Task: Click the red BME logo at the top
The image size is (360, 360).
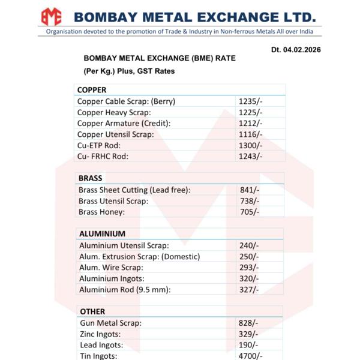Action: click(x=52, y=16)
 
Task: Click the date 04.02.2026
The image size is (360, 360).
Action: click(x=296, y=50)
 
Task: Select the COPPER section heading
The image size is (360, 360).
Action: click(x=92, y=90)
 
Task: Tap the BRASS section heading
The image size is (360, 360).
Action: click(x=91, y=178)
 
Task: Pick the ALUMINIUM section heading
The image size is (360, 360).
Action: click(x=103, y=234)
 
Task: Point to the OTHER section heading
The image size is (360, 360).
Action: click(x=92, y=311)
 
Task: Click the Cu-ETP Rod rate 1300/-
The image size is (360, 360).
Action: click(x=250, y=145)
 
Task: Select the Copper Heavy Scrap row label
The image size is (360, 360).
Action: click(x=114, y=112)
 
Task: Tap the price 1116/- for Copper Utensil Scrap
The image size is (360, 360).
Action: click(x=250, y=134)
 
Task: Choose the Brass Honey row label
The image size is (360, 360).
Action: click(x=102, y=212)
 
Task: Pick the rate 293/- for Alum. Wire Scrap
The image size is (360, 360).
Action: click(x=249, y=268)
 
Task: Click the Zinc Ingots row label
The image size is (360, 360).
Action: click(x=100, y=334)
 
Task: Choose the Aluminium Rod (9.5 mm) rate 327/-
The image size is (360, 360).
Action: click(x=249, y=290)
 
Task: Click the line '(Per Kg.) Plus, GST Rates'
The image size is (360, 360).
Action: click(x=129, y=71)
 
